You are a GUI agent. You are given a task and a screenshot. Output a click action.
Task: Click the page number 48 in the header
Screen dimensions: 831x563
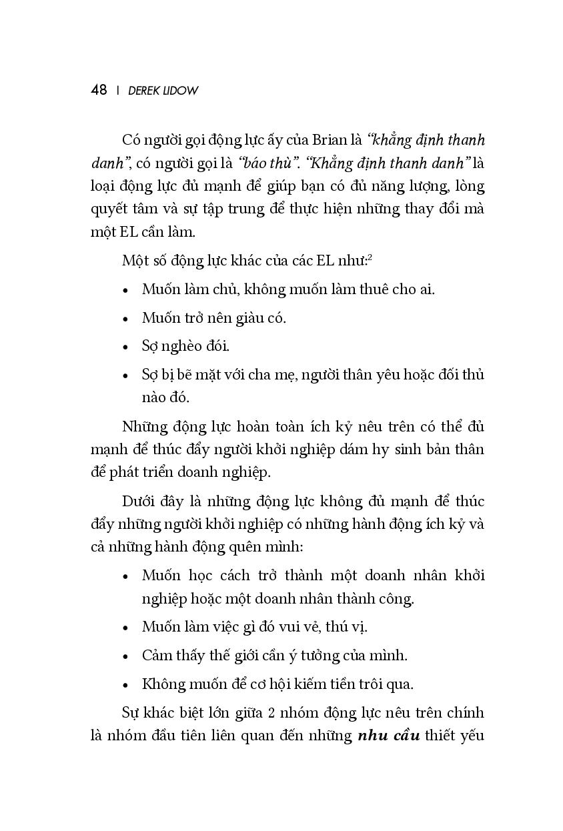click(x=99, y=91)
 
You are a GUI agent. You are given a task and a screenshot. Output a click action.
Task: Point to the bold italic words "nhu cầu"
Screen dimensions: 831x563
click(x=388, y=736)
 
